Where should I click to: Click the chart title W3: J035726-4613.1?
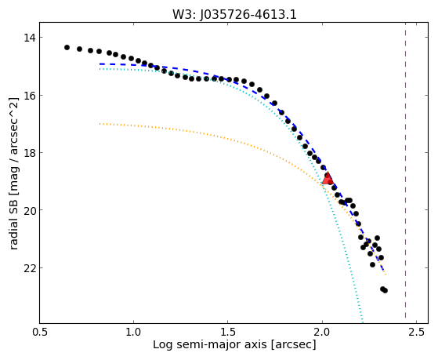pos(234,15)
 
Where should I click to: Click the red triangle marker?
pos(328,179)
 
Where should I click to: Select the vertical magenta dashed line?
pos(405,173)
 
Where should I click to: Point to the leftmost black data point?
pos(67,47)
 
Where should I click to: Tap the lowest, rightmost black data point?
pos(385,291)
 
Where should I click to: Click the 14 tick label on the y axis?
pos(29,38)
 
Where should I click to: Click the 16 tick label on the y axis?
pos(29,96)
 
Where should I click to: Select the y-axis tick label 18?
pos(29,153)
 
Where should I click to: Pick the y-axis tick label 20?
pos(29,210)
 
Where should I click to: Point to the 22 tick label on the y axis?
pos(29,268)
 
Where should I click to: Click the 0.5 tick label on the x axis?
pos(40,333)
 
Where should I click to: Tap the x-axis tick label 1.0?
pos(133,333)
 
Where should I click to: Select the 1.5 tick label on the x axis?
pos(228,333)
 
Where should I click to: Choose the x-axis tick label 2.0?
pos(322,333)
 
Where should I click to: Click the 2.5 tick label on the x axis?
pos(416,333)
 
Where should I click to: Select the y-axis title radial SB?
pos(13,229)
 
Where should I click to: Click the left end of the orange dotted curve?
pos(100,123)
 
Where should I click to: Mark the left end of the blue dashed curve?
pos(100,64)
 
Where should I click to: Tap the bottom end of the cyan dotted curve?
pos(362,322)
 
